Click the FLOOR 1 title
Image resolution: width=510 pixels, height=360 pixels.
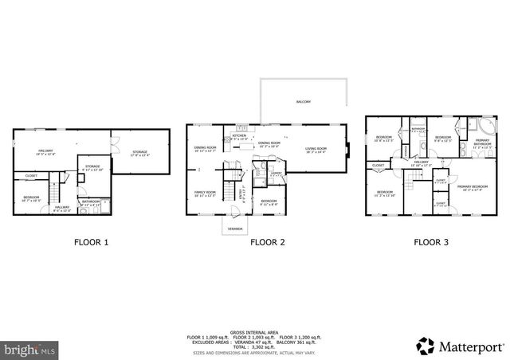tap(91, 242)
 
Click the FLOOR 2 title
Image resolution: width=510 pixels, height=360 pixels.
tap(267, 242)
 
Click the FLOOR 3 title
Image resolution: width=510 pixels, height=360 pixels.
tap(430, 242)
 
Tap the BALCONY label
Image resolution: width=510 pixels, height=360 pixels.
tap(304, 102)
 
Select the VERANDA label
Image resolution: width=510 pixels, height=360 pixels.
tap(233, 227)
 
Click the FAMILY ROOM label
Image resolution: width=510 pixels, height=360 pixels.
tap(206, 193)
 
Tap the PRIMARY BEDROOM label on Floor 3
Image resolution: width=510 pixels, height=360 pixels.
tap(470, 187)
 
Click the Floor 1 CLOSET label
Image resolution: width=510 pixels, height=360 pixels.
tap(31, 175)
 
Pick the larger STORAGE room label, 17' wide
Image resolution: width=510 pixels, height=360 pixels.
tap(139, 153)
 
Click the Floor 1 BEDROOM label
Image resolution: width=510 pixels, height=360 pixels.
tap(31, 197)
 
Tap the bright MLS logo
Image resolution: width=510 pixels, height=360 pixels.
tap(29, 348)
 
